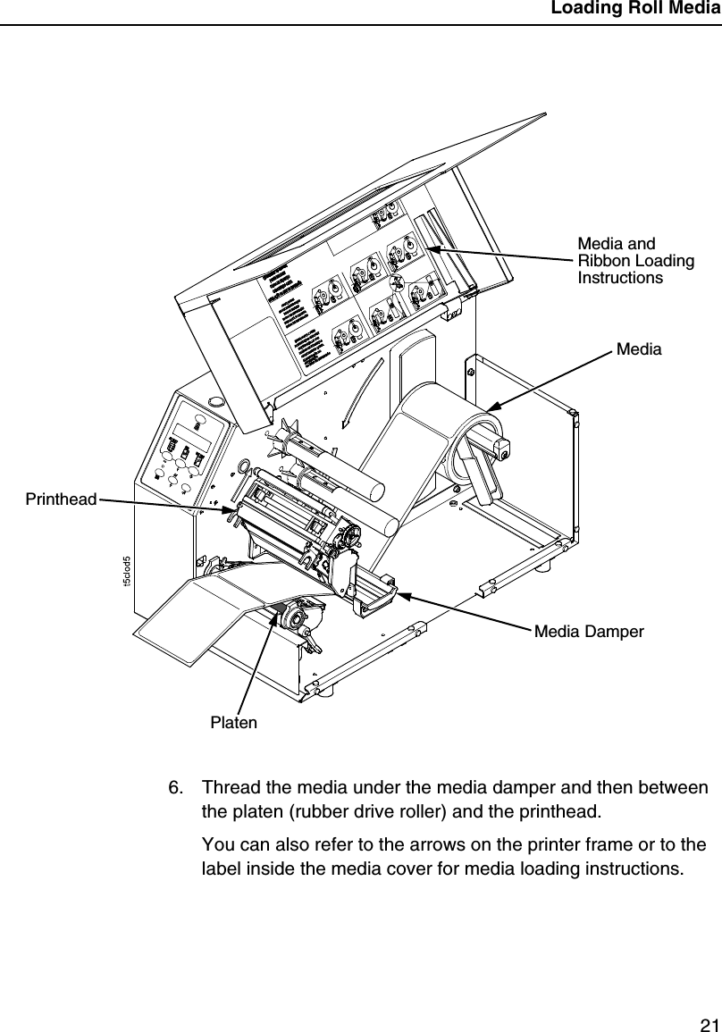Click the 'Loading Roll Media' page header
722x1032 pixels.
coord(634,10)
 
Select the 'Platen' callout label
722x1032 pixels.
coord(233,722)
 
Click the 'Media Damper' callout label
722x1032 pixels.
coord(589,633)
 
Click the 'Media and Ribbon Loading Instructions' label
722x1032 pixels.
coord(635,260)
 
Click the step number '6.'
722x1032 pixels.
coord(178,788)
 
